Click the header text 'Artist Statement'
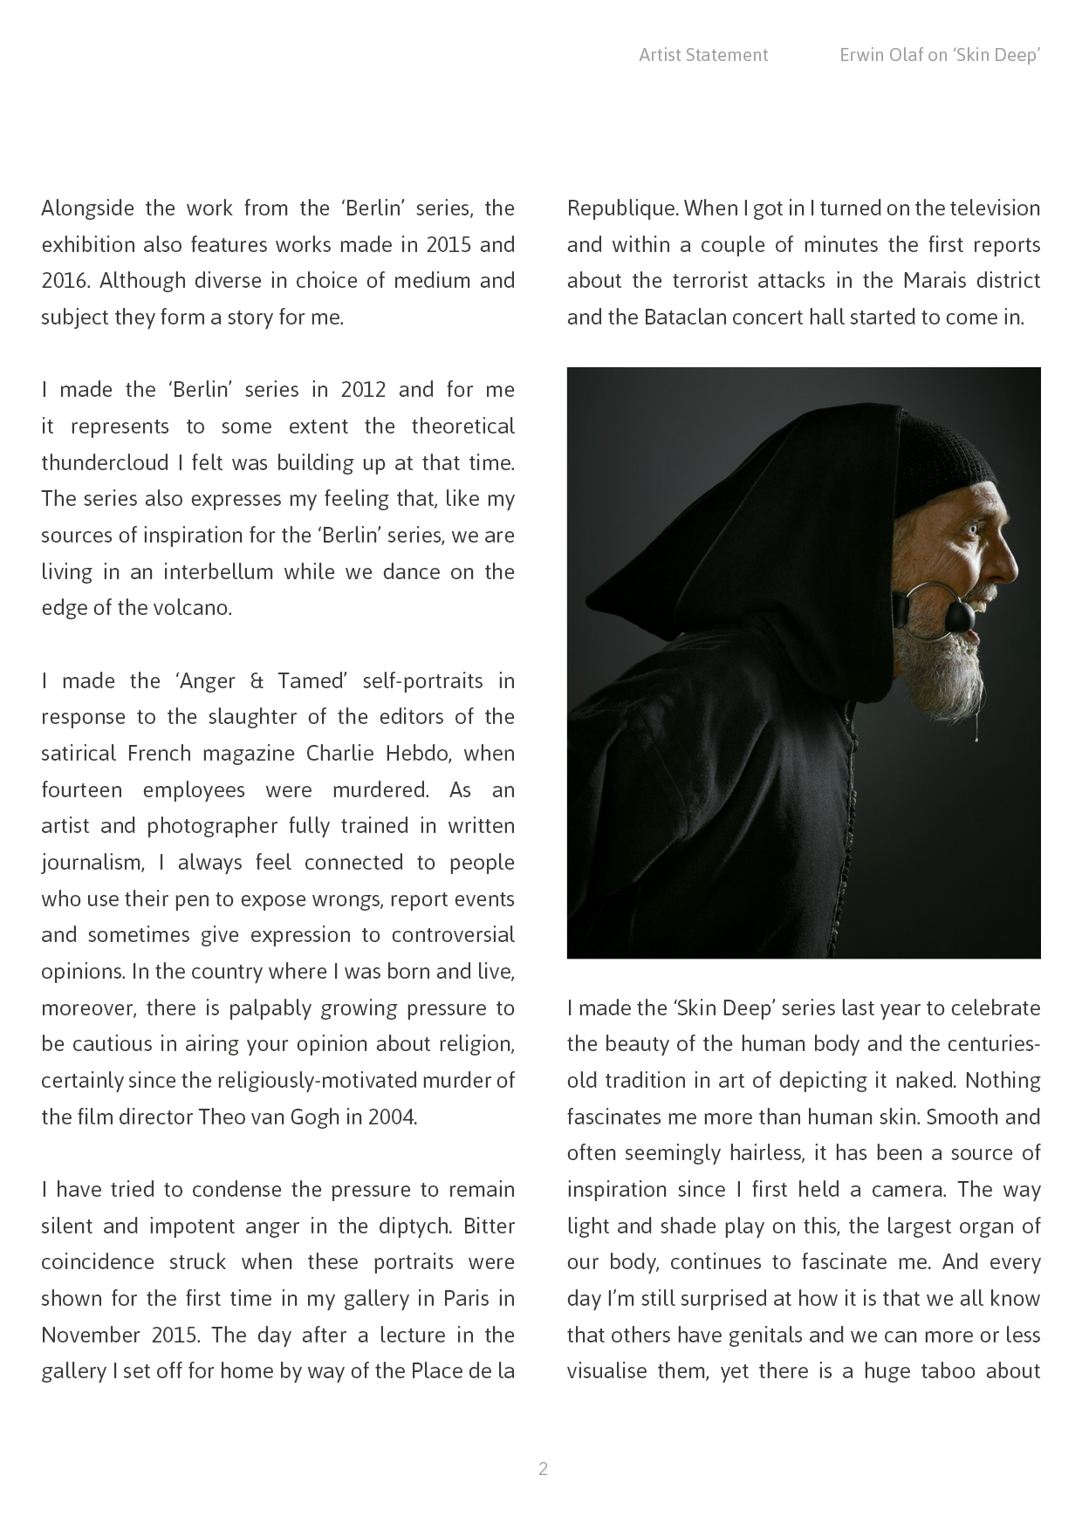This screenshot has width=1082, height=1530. [x=703, y=55]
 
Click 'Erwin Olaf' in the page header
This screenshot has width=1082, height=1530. [x=880, y=55]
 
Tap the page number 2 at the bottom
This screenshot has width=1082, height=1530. [x=543, y=1469]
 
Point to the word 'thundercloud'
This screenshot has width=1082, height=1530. [x=97, y=462]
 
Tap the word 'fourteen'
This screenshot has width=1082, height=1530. [x=81, y=790]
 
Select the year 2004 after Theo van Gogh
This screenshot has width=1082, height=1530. [x=391, y=1117]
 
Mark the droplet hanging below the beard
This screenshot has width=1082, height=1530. [x=976, y=736]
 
